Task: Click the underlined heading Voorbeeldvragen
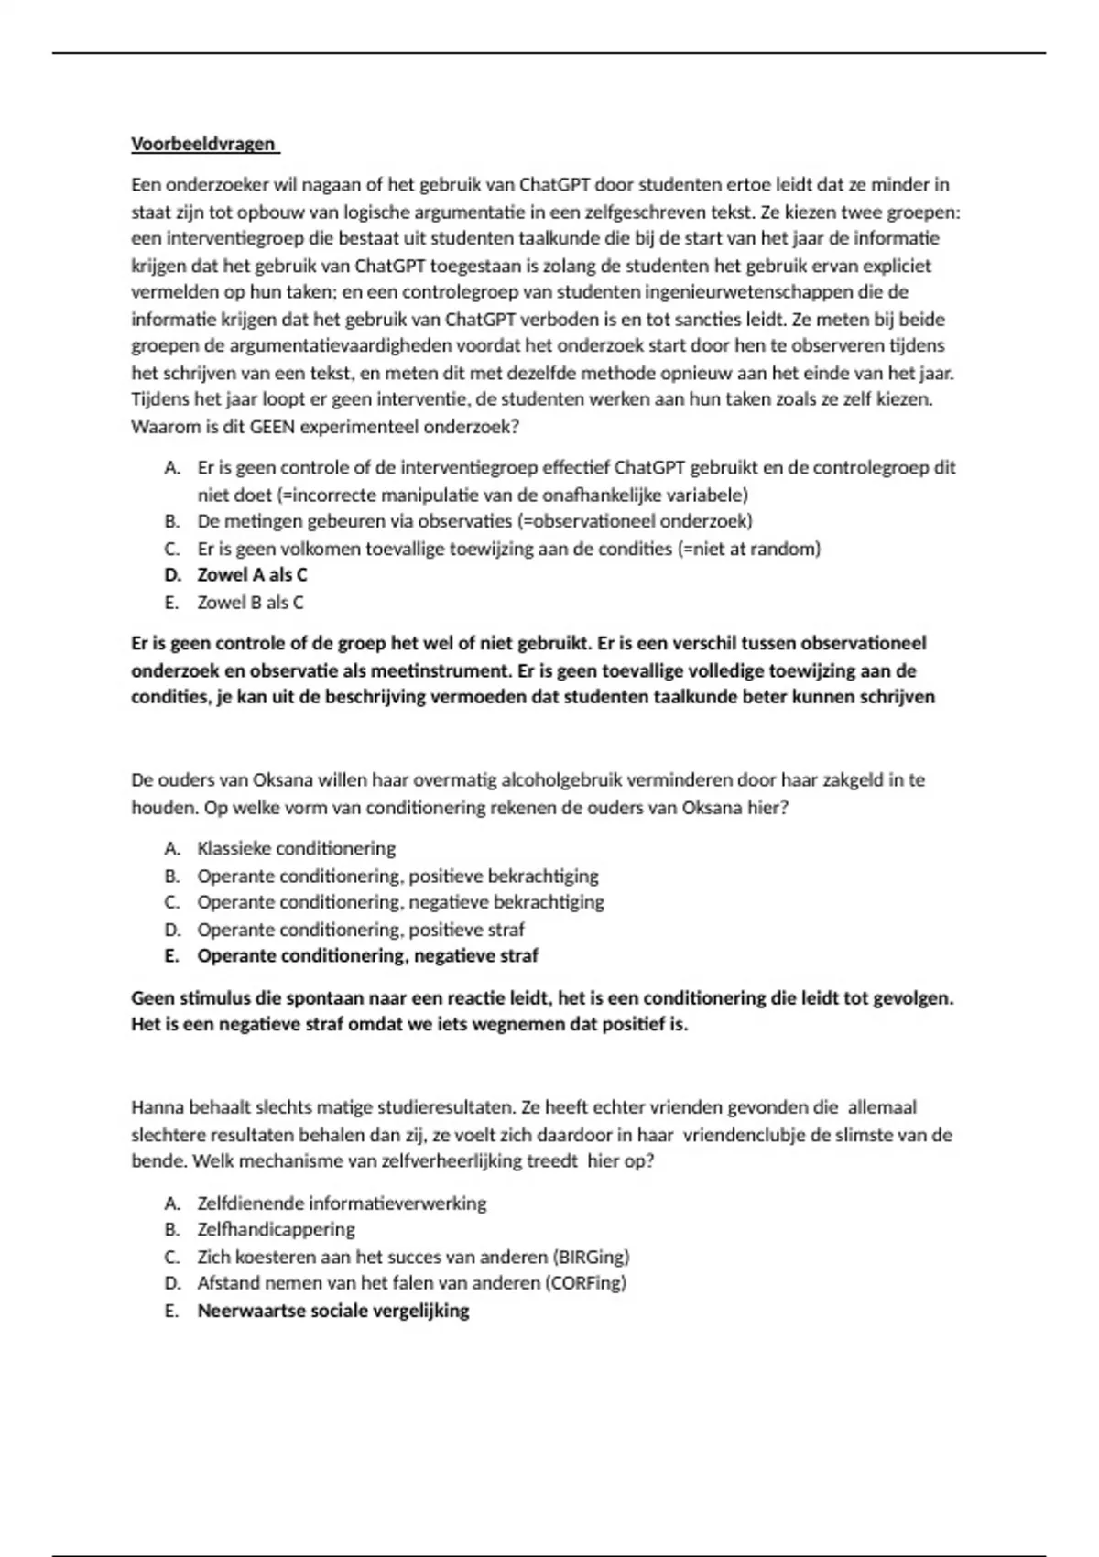coord(204,144)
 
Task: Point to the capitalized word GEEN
coord(273,427)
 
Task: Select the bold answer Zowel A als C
coord(252,575)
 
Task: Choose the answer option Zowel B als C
coord(250,603)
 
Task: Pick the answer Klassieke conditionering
coord(297,848)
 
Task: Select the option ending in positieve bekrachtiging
coord(397,876)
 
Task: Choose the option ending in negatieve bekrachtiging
coord(400,902)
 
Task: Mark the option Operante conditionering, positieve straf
coord(361,930)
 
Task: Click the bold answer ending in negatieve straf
coord(367,956)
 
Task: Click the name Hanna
coord(158,1107)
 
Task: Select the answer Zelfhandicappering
coord(276,1229)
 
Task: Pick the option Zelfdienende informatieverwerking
coord(342,1203)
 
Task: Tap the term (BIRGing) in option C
coord(593,1257)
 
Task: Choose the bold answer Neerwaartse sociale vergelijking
coord(333,1311)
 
